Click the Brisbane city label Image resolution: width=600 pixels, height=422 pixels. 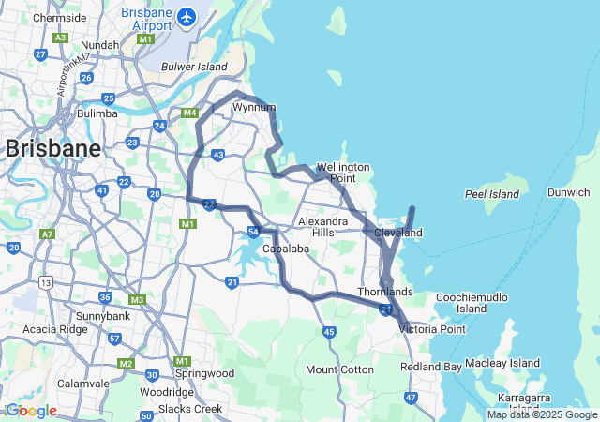(x=52, y=148)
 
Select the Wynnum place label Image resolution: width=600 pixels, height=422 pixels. (x=253, y=108)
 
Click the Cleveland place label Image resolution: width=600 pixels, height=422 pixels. (x=397, y=233)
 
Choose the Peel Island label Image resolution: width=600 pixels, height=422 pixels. (x=491, y=194)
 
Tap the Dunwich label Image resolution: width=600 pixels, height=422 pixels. (x=569, y=192)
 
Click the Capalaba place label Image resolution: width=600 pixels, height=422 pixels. (x=286, y=249)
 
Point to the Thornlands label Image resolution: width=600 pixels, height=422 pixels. (x=384, y=292)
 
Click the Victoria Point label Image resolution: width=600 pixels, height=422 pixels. (x=432, y=329)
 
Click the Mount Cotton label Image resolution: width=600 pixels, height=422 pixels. (x=338, y=369)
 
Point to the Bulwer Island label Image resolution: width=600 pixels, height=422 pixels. (x=194, y=68)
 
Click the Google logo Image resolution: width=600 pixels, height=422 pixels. (x=31, y=411)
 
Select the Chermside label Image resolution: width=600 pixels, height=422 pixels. (x=58, y=18)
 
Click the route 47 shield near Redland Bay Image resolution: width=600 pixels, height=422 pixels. (x=411, y=398)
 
